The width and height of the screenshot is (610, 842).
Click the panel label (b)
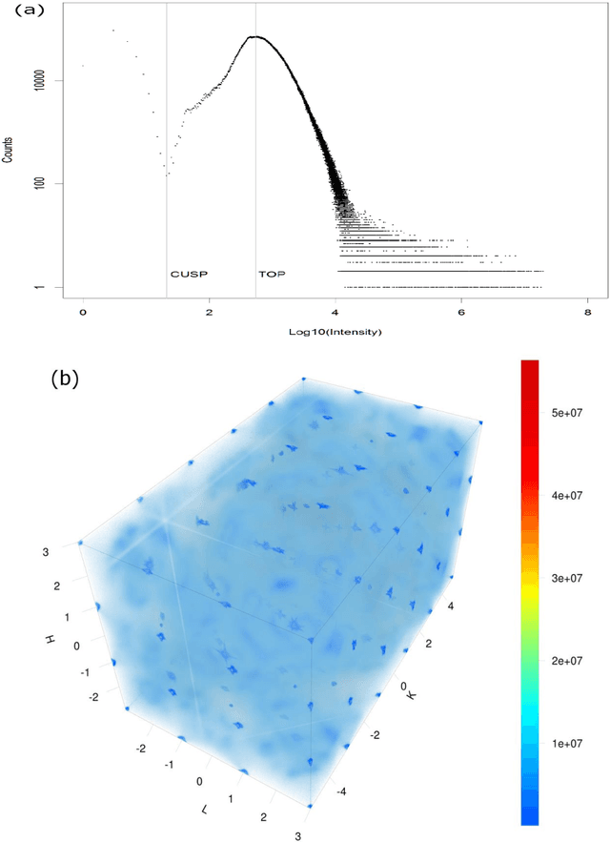point(64,378)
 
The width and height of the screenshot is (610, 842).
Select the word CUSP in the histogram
point(189,274)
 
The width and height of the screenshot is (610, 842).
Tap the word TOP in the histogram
point(272,274)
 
